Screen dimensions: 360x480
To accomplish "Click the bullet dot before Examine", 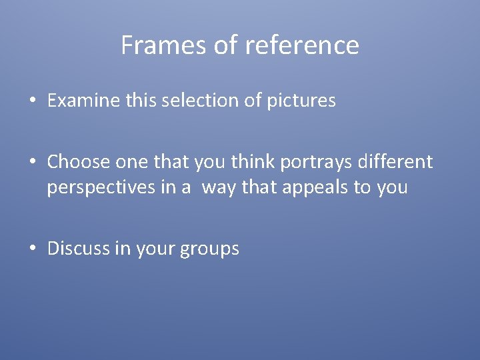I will point(33,102).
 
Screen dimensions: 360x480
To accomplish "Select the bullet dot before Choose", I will point(33,162).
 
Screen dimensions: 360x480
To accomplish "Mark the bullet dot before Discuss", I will point(33,249).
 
